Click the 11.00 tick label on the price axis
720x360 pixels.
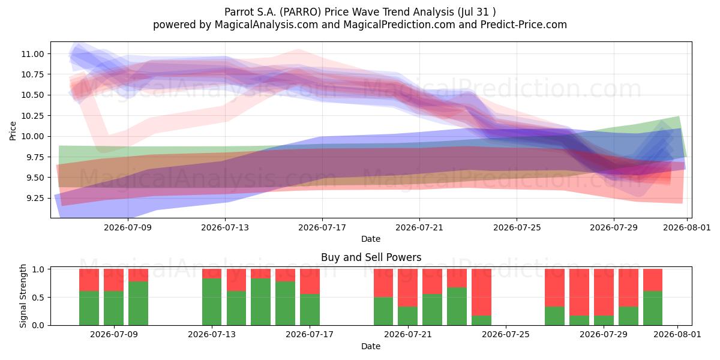32,54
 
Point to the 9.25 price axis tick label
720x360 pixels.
32,199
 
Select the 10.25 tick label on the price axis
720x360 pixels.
32,116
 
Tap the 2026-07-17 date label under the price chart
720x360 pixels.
322,227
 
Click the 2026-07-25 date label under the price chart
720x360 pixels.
517,227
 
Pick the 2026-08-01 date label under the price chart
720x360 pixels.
687,227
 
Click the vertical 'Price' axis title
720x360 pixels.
13,131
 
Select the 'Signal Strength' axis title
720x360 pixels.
23,296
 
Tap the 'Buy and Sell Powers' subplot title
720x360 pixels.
371,257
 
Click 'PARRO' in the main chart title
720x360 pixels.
300,12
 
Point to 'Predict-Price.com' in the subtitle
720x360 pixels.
524,25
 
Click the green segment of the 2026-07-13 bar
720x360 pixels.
212,302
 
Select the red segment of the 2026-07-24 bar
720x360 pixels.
481,292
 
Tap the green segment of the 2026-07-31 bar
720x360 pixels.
653,308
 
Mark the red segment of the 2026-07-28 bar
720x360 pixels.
579,292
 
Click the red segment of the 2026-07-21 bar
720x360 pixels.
407,287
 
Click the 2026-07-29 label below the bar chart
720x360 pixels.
604,334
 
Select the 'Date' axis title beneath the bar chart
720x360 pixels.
371,346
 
